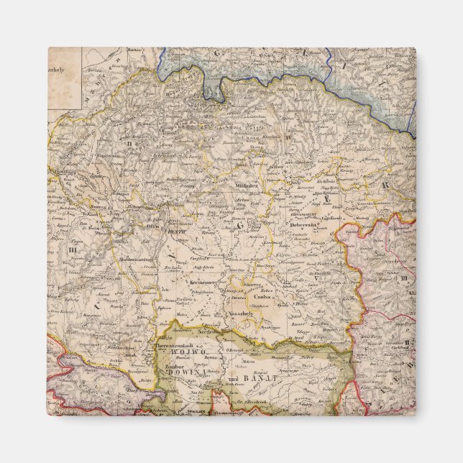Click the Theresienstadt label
(178, 346)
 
